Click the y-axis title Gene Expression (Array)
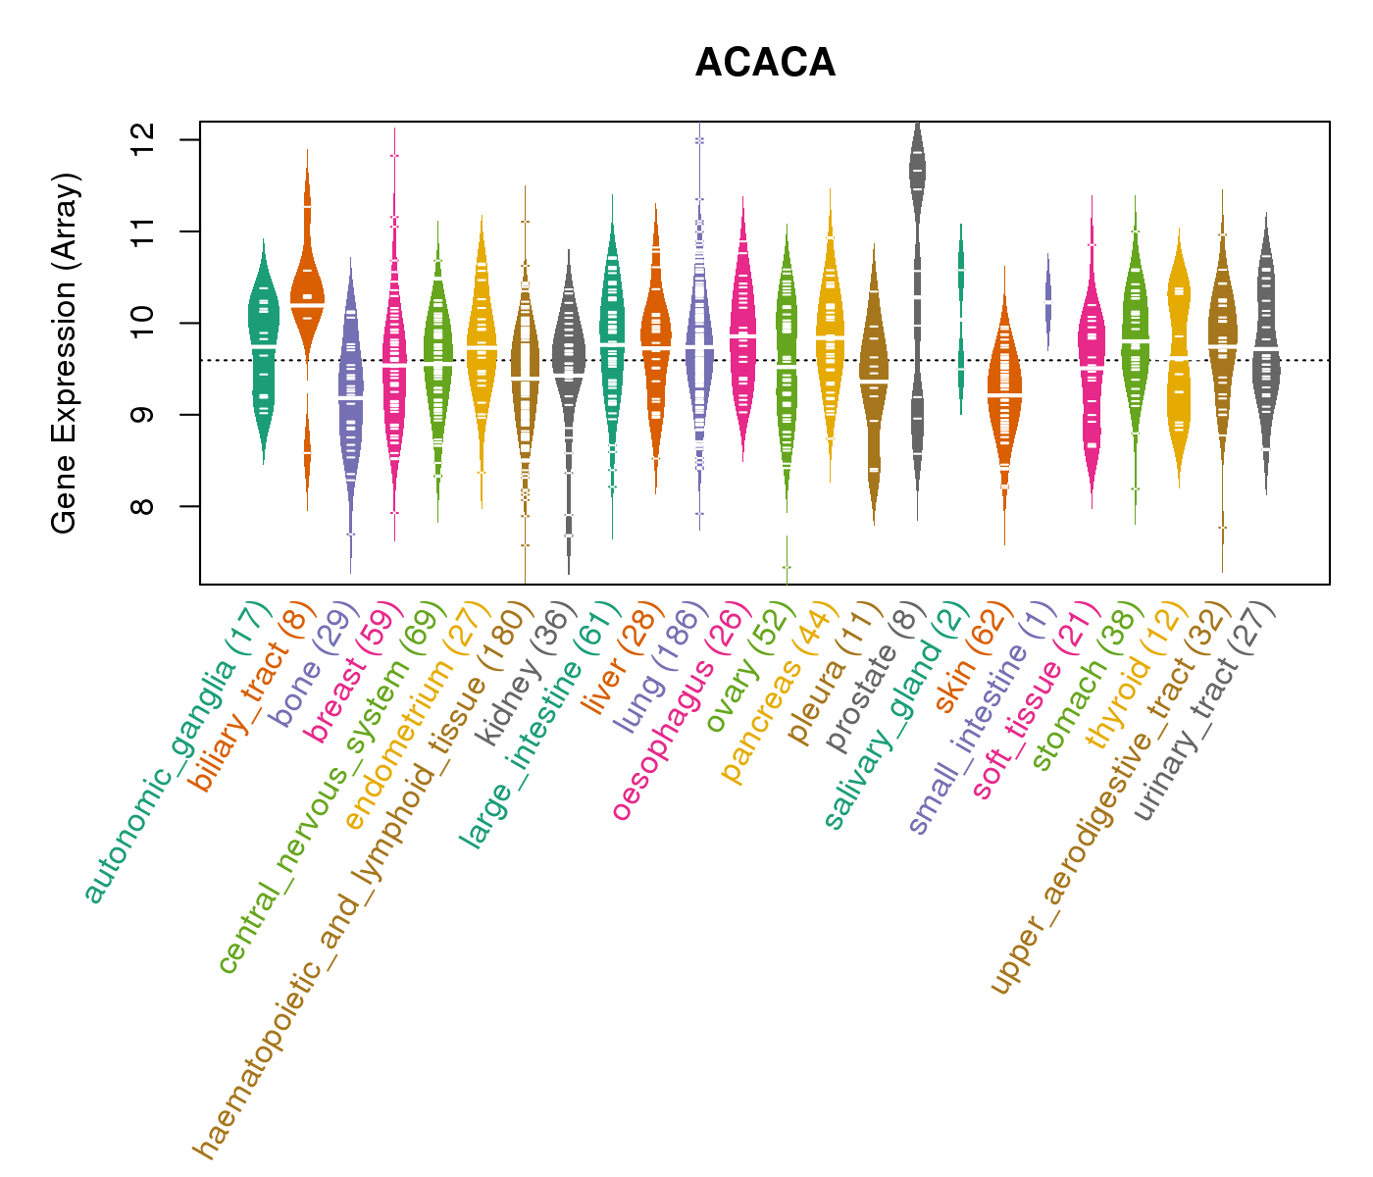[65, 353]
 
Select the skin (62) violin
[1004, 392]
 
